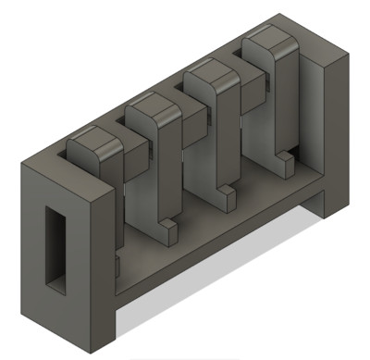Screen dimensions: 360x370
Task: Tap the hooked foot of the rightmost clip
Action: pyautogui.click(x=284, y=165)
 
